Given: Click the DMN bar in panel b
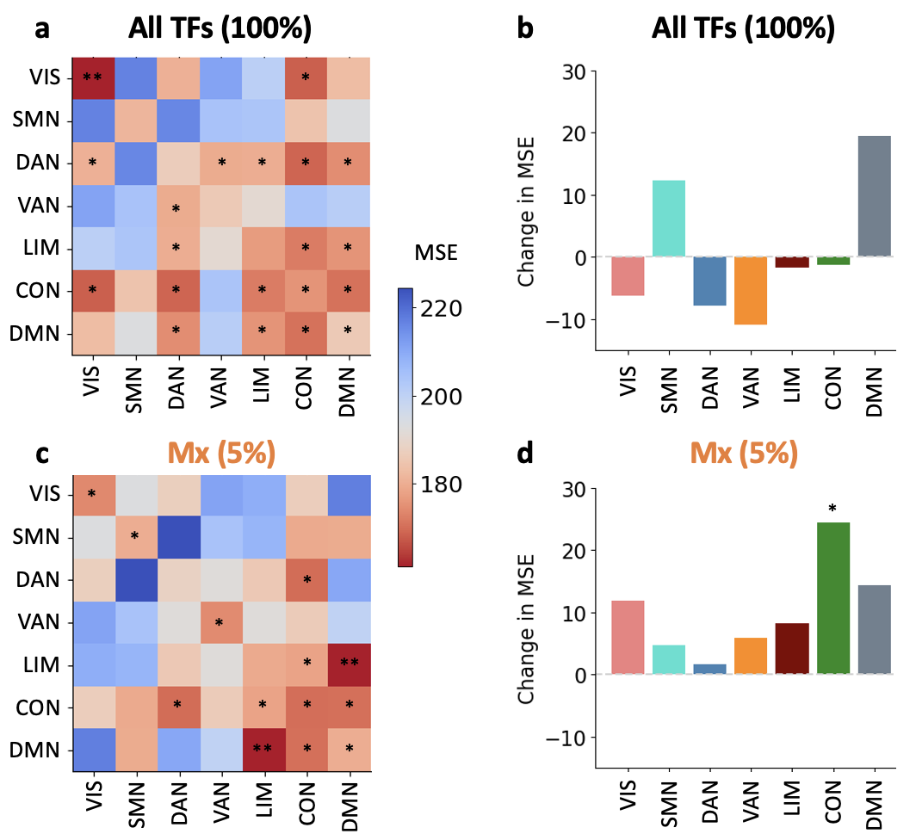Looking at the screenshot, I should pos(868,196).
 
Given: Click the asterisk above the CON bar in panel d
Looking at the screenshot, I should pos(832,509).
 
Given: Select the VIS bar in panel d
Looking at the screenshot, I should pos(628,637).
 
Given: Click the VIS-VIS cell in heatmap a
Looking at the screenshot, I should pos(92,78).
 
